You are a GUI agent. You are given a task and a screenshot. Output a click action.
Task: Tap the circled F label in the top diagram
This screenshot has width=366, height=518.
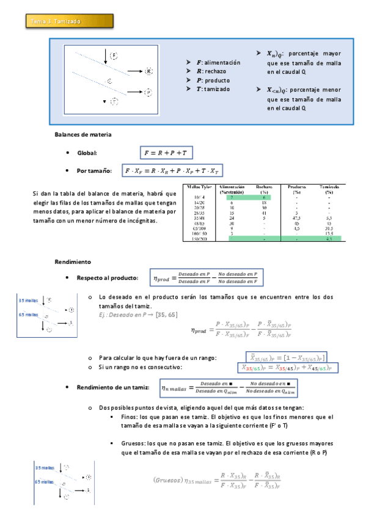coord(114,56)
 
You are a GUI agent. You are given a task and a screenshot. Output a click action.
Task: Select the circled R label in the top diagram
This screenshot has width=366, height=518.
coord(148,71)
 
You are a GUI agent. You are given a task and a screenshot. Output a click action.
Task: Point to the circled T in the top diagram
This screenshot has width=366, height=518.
coord(114,101)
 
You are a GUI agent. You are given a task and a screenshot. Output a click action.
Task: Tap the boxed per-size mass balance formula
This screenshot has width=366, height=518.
coord(173,171)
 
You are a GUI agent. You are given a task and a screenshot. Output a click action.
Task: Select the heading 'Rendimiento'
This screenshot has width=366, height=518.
coord(73,261)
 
